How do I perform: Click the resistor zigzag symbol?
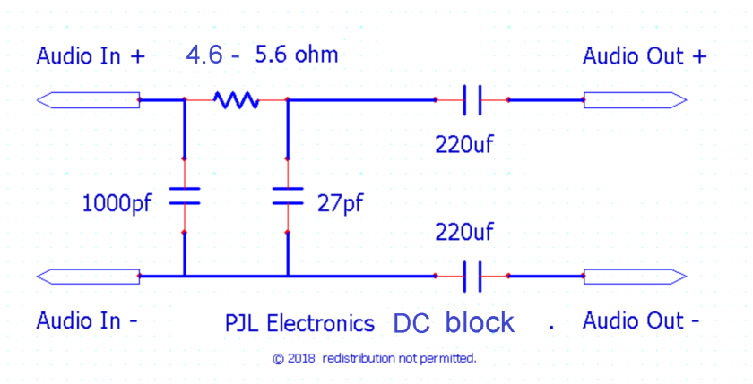point(235,99)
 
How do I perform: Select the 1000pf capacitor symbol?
point(184,196)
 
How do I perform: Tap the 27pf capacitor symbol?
point(288,196)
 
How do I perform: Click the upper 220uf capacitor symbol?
point(472,99)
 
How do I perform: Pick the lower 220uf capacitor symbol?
point(472,276)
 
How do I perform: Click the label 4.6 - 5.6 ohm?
point(262,55)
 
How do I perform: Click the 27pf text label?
point(341,201)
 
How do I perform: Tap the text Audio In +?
point(90,56)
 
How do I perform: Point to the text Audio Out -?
point(641,320)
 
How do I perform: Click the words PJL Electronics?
point(299,322)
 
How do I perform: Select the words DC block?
point(454,322)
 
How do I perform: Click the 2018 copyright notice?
point(374,358)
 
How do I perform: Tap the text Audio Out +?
point(645,56)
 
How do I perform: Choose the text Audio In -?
point(87,320)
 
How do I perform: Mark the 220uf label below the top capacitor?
point(464,143)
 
